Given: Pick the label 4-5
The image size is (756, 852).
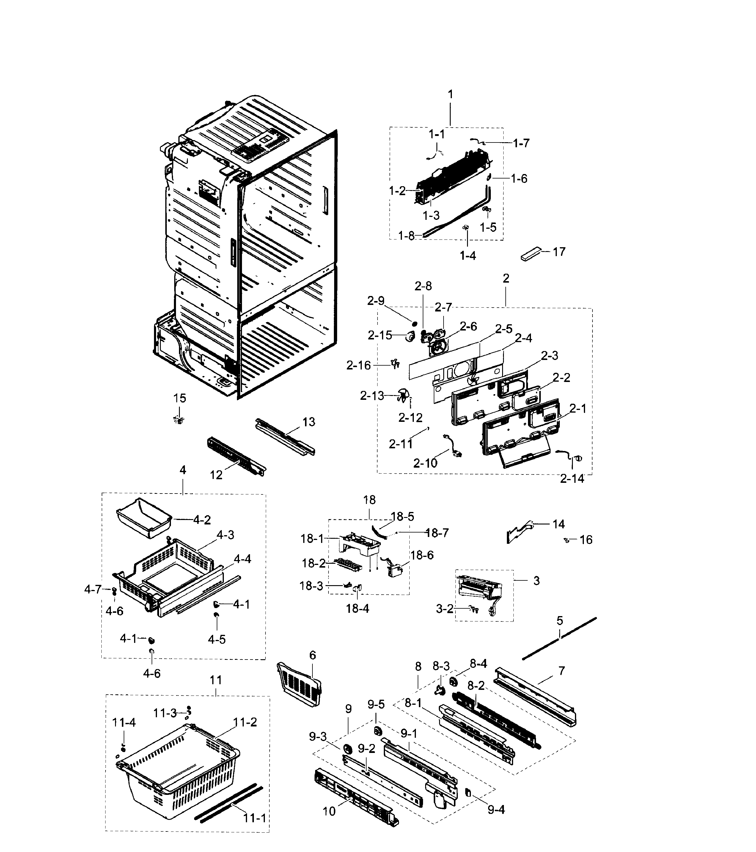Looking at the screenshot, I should (x=217, y=639).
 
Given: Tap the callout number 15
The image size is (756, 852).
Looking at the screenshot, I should (x=180, y=398).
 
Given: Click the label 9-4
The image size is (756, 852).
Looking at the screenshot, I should (x=496, y=809).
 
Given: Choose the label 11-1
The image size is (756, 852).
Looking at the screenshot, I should (x=254, y=818).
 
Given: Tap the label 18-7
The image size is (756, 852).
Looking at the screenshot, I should (x=437, y=533).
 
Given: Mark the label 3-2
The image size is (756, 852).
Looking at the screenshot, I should (x=444, y=609).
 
